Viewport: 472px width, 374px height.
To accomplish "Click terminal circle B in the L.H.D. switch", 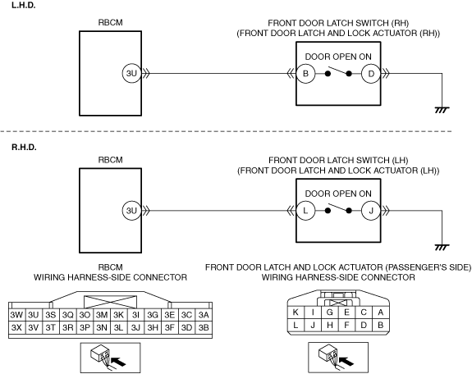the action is (x=305, y=74).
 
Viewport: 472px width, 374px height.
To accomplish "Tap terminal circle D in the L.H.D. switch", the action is (x=371, y=74).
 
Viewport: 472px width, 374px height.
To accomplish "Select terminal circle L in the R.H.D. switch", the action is (x=305, y=211).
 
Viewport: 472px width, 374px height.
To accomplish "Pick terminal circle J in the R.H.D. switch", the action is (x=371, y=211).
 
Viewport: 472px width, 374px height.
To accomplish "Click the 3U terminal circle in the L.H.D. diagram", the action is (x=132, y=74).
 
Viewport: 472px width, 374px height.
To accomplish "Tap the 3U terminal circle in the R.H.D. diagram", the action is (x=132, y=211).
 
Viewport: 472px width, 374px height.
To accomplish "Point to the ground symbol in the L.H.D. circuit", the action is (x=442, y=110).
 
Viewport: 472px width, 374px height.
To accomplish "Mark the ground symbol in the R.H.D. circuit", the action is (x=442, y=248).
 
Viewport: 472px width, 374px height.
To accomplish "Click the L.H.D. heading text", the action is (x=24, y=5).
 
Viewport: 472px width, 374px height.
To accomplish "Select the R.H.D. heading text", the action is (x=24, y=147).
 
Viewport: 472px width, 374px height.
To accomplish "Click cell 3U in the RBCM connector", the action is (x=34, y=315).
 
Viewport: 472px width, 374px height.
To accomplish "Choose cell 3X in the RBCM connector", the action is (x=16, y=327).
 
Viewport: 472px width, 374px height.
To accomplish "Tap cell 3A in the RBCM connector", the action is (x=204, y=315).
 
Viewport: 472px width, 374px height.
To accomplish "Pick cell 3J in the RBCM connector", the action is (x=135, y=327).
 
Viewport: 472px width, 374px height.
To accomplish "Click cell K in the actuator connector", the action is (x=296, y=312).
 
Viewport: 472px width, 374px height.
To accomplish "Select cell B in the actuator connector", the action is (x=381, y=325).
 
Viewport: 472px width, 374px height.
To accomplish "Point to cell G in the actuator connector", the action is (x=330, y=312).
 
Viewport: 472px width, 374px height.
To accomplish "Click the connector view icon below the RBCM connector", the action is (x=110, y=358).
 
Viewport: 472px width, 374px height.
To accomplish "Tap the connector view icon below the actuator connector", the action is (x=338, y=358).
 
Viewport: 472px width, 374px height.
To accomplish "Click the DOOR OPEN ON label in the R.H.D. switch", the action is (x=338, y=194).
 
